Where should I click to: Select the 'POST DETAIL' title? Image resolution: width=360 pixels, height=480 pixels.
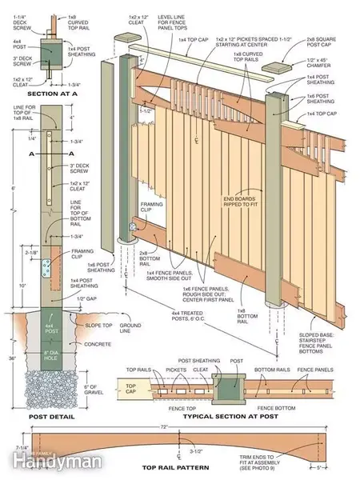51,417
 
